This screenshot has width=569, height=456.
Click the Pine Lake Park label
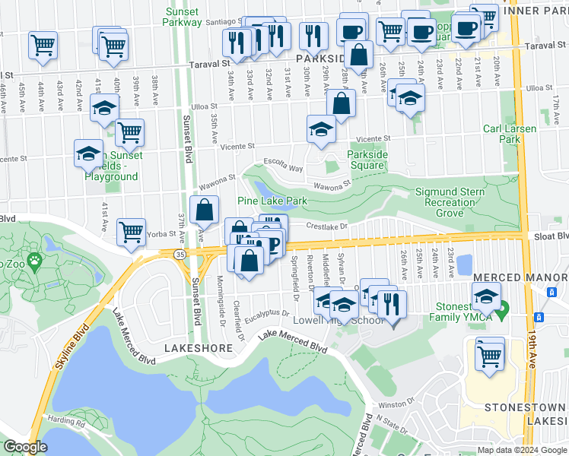click(272, 201)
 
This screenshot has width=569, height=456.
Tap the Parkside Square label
click(367, 160)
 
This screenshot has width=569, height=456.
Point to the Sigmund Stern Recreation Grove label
click(450, 202)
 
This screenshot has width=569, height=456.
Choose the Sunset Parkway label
click(182, 16)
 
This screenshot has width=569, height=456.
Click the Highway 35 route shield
click(180, 253)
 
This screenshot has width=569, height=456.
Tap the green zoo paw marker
click(34, 263)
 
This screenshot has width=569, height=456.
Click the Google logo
click(25, 447)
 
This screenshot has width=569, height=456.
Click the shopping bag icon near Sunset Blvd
click(205, 209)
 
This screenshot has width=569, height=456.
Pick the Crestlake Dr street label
click(326, 225)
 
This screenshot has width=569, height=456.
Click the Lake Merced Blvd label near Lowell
click(293, 340)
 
